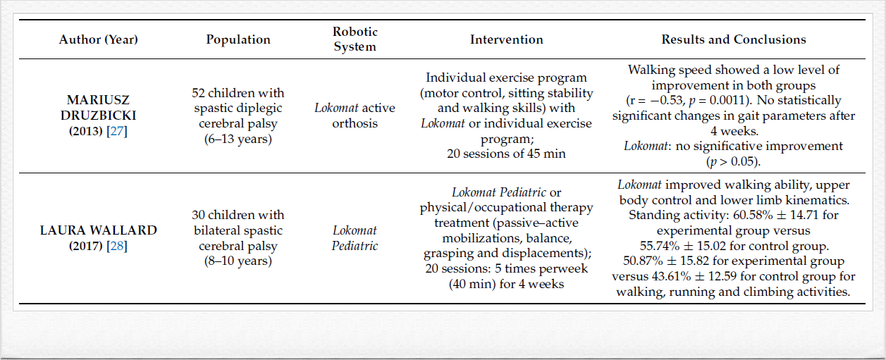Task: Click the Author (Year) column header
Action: (x=98, y=40)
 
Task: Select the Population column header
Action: (x=238, y=40)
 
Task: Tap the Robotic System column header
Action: (x=355, y=39)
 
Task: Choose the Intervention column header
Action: (x=506, y=40)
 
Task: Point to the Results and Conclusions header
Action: (x=733, y=40)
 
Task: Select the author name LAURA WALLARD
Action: (x=98, y=230)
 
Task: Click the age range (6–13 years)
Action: (x=238, y=139)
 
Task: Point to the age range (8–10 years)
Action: (x=238, y=261)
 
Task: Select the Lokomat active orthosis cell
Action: (x=355, y=116)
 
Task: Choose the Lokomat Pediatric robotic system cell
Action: (x=355, y=238)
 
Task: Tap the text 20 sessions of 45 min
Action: (x=506, y=154)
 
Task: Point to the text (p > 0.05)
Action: (x=733, y=161)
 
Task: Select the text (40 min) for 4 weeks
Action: (x=506, y=285)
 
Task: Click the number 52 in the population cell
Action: (x=199, y=93)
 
